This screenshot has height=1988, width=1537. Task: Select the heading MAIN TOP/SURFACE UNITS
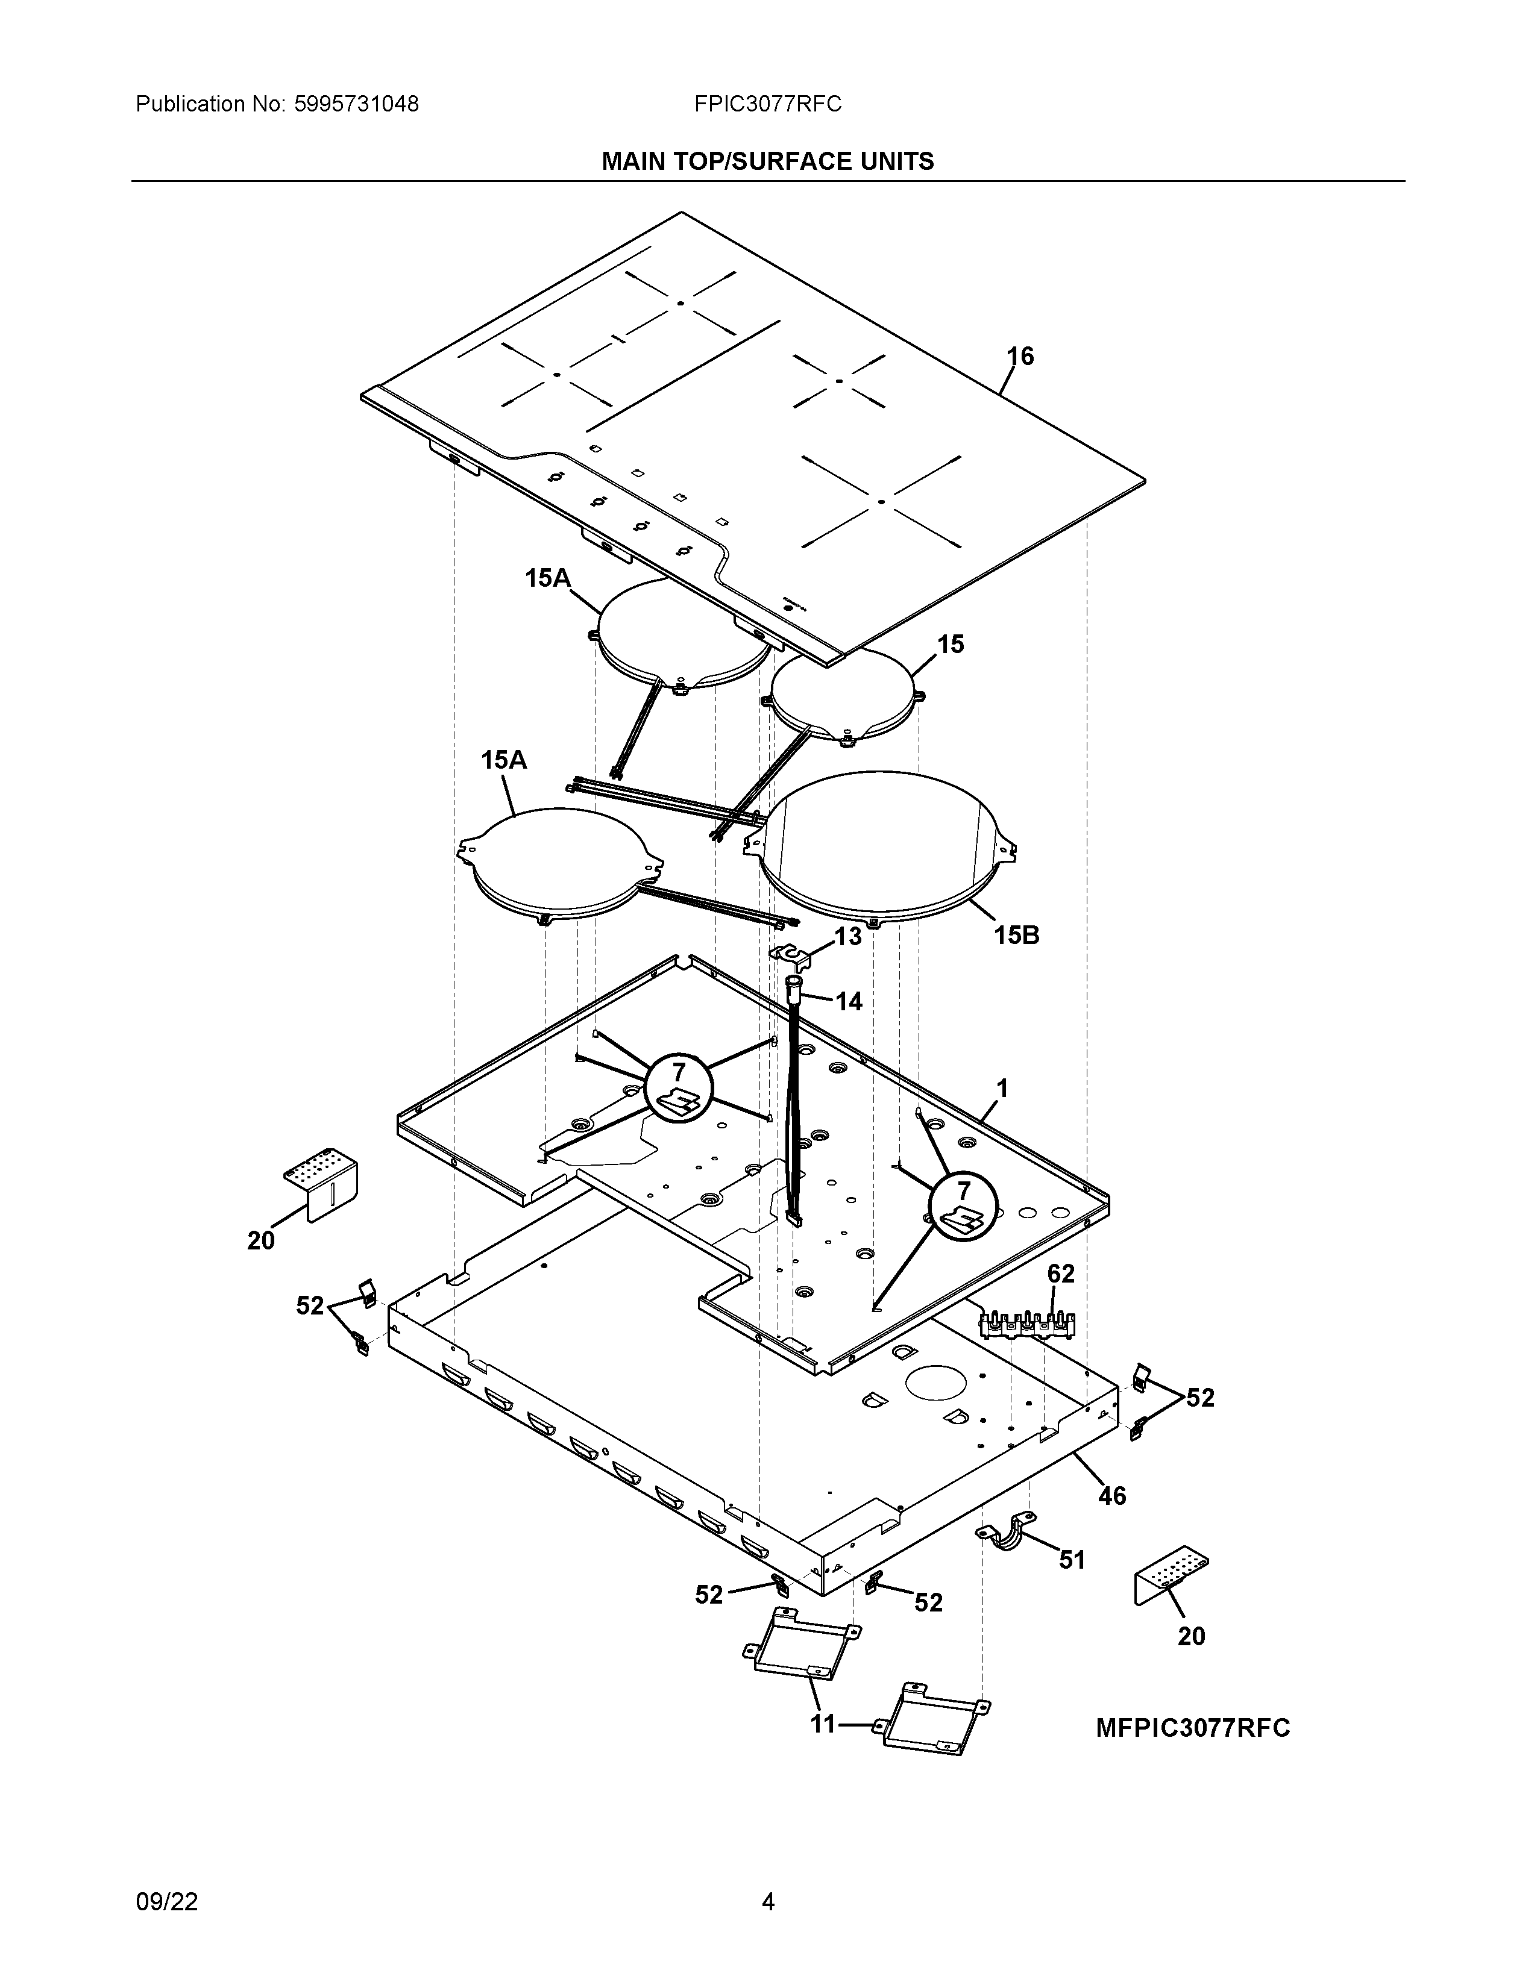(x=767, y=162)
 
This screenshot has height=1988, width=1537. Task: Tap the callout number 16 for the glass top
(x=1020, y=357)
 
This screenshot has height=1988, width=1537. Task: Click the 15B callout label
(x=1016, y=935)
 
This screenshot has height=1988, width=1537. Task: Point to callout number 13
(x=847, y=937)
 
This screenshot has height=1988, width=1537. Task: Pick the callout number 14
(x=849, y=1002)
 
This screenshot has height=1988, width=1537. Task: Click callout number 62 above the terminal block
(x=1061, y=1274)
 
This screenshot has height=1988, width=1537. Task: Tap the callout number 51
(x=1072, y=1560)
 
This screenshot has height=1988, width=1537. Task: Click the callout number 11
(x=823, y=1724)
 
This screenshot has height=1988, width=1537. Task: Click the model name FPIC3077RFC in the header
(x=767, y=105)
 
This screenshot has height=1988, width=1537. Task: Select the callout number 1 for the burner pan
(x=1002, y=1089)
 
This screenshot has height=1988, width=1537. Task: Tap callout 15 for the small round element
(x=951, y=645)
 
